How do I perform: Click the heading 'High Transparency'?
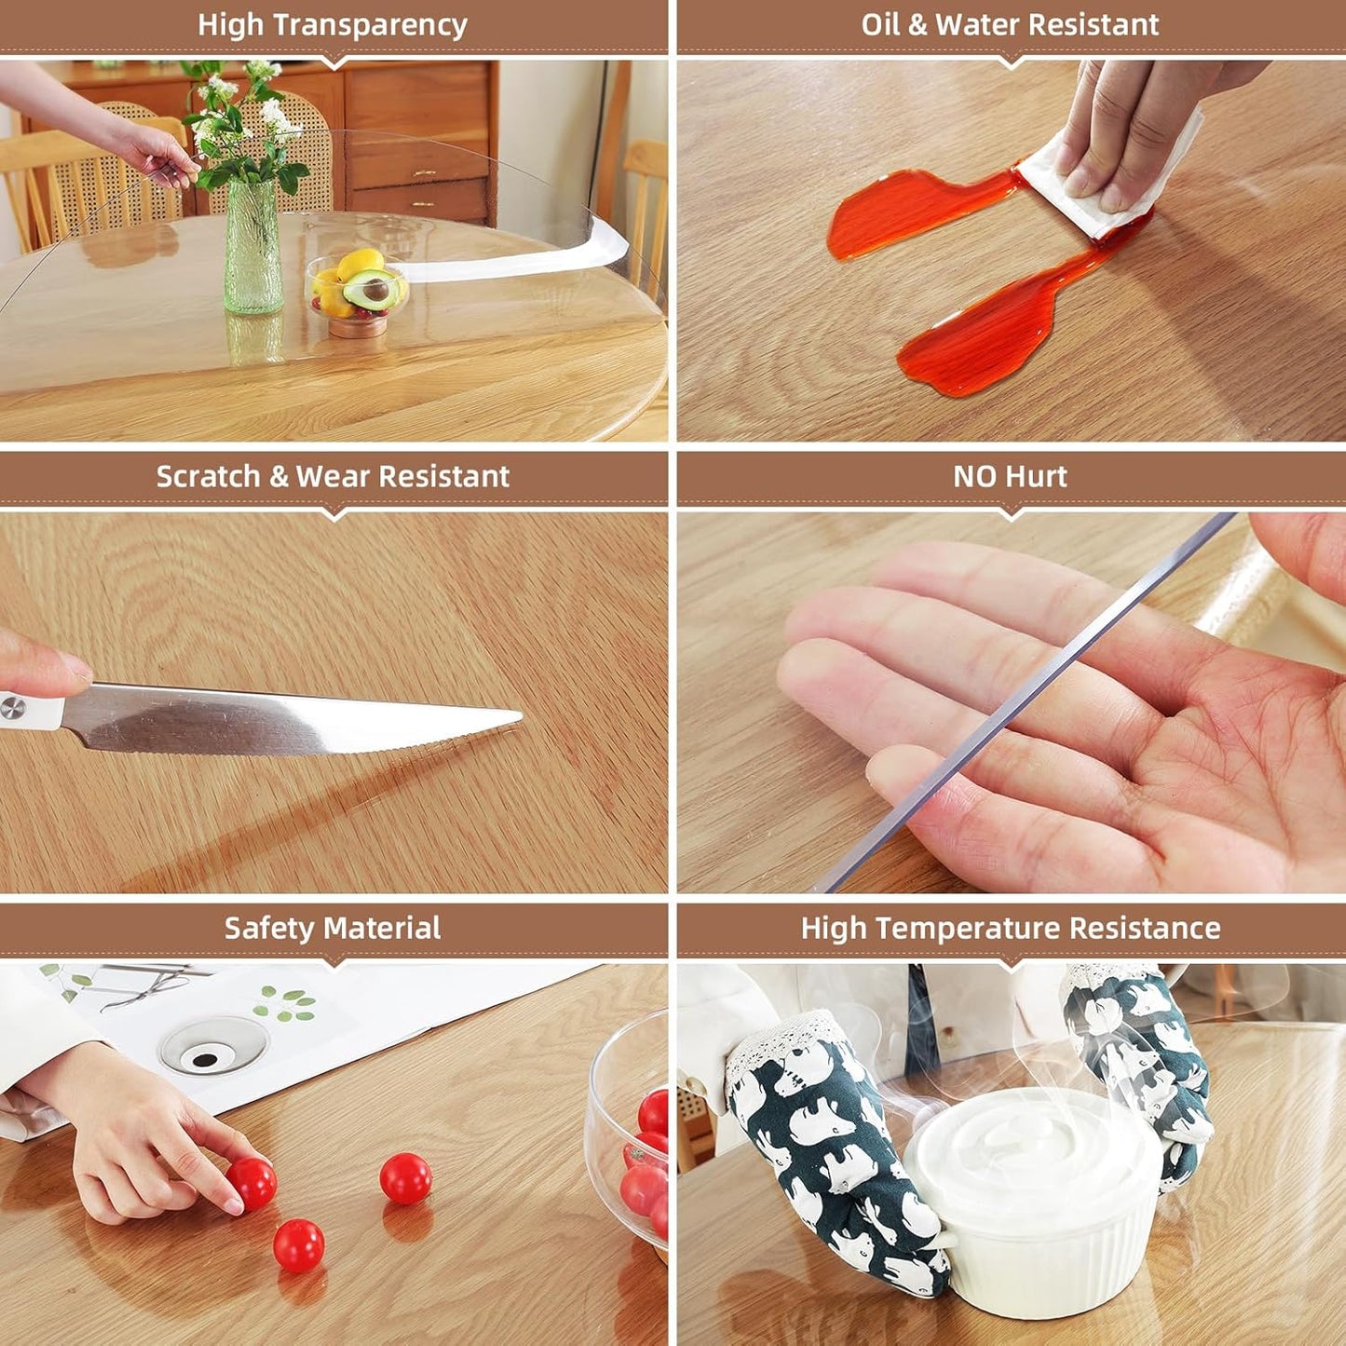click(333, 25)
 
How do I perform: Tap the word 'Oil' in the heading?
click(880, 25)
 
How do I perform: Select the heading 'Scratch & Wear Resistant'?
click(333, 477)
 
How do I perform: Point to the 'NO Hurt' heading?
click(1010, 477)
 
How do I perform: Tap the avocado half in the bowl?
click(373, 291)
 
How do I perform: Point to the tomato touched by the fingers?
click(252, 1183)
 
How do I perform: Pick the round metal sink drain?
click(213, 1043)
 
